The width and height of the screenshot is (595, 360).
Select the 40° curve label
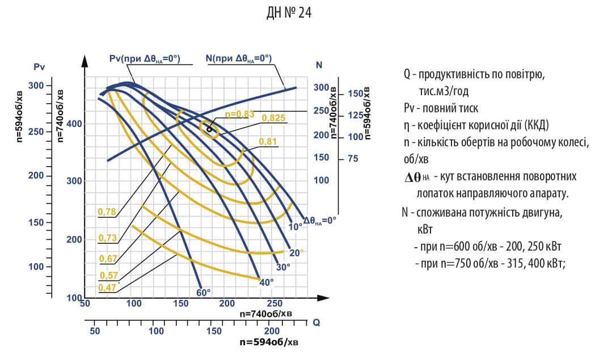(267, 282)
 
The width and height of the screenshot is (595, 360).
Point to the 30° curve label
(283, 266)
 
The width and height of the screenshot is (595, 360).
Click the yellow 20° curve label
(297, 252)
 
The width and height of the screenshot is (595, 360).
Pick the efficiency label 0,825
(273, 118)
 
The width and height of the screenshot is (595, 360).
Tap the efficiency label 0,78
(107, 211)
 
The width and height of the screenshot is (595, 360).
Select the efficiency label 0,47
(107, 287)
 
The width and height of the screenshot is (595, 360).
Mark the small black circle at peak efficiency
(209, 130)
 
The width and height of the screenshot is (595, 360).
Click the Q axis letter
(317, 322)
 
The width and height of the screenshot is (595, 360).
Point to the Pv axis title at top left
(39, 67)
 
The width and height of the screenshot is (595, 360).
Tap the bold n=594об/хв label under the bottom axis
(268, 342)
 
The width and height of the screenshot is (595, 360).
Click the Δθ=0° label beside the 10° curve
(320, 221)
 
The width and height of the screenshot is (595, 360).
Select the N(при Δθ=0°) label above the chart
(239, 58)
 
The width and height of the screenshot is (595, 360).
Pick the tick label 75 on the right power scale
(353, 159)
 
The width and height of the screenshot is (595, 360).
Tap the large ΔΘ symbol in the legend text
(413, 177)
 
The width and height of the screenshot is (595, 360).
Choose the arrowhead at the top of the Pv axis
(84, 61)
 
